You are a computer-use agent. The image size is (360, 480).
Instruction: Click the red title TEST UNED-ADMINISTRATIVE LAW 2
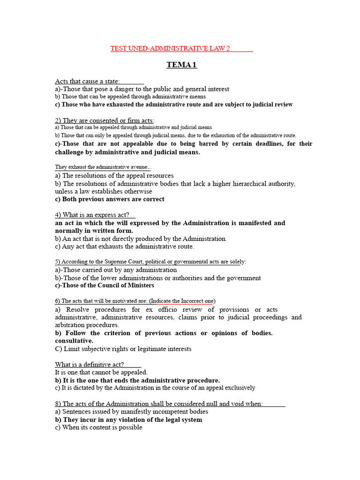[x=170, y=48]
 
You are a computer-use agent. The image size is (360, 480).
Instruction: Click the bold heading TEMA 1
[x=181, y=65]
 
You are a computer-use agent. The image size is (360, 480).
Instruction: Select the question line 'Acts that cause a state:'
[x=88, y=81]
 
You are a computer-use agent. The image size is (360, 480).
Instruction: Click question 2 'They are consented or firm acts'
[x=105, y=120]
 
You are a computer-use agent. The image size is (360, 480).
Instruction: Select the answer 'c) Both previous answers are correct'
[x=110, y=199]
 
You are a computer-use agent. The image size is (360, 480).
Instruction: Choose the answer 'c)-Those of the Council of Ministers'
[x=105, y=285]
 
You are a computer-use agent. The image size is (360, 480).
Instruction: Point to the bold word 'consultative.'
[x=74, y=341]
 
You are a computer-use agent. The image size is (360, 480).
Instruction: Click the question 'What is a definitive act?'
[x=90, y=365]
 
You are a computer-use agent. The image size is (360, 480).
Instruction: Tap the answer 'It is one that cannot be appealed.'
[x=101, y=372]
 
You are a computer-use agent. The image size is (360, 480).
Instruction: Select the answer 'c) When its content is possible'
[x=98, y=427]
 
